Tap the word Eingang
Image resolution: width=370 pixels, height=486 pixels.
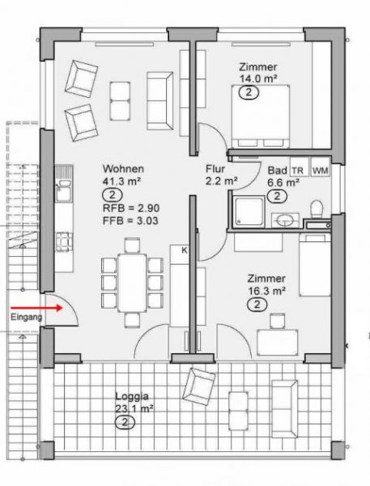pos(24,319)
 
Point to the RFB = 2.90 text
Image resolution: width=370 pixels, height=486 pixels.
pos(121,209)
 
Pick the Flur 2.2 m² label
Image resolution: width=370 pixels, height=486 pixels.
pos(216,176)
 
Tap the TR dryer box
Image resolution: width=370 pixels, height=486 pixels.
pos(298,170)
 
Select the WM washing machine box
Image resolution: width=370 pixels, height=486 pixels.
pos(320,170)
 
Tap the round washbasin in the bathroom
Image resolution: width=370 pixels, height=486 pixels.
pos(285,218)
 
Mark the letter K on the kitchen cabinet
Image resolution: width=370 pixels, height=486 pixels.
pos(184,250)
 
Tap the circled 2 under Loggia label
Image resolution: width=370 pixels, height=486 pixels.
pos(124,422)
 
